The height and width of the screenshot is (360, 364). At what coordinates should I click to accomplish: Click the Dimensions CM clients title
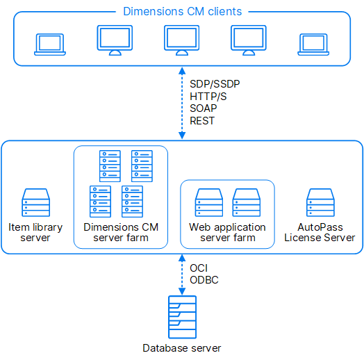pyautogui.click(x=182, y=11)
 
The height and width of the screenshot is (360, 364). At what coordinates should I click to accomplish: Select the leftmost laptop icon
pyautogui.click(x=50, y=44)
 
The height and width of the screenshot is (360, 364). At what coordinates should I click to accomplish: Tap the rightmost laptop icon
pyautogui.click(x=313, y=44)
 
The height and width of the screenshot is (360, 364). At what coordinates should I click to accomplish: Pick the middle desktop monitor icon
pyautogui.click(x=182, y=40)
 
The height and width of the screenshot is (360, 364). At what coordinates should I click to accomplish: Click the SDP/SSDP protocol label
pyautogui.click(x=215, y=84)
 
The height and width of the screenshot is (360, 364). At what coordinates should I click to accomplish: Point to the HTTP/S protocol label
pyautogui.click(x=208, y=97)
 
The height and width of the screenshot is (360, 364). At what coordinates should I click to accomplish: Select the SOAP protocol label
pyautogui.click(x=204, y=108)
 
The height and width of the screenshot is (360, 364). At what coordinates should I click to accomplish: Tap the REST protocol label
pyautogui.click(x=202, y=121)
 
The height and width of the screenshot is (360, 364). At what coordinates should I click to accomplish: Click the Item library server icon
pyautogui.click(x=35, y=202)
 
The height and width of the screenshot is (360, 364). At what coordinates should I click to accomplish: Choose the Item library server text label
pyautogui.click(x=35, y=232)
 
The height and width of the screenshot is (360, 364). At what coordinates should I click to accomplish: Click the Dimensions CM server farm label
pyautogui.click(x=121, y=232)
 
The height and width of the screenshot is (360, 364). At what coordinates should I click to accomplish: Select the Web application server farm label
pyautogui.click(x=228, y=232)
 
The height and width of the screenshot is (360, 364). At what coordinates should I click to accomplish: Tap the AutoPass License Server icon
pyautogui.click(x=320, y=202)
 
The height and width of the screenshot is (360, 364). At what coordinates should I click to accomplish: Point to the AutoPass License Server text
pyautogui.click(x=320, y=232)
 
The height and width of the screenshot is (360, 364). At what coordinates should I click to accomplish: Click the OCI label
pyautogui.click(x=199, y=268)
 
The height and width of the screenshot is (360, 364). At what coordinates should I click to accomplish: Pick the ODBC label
pyautogui.click(x=204, y=280)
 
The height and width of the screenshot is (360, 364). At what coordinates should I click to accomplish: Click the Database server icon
pyautogui.click(x=182, y=317)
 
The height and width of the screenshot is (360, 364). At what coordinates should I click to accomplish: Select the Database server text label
pyautogui.click(x=182, y=348)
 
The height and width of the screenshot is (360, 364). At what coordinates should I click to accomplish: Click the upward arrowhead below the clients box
pyautogui.click(x=182, y=71)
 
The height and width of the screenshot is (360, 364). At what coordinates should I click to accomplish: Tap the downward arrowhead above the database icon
pyautogui.click(x=182, y=291)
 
